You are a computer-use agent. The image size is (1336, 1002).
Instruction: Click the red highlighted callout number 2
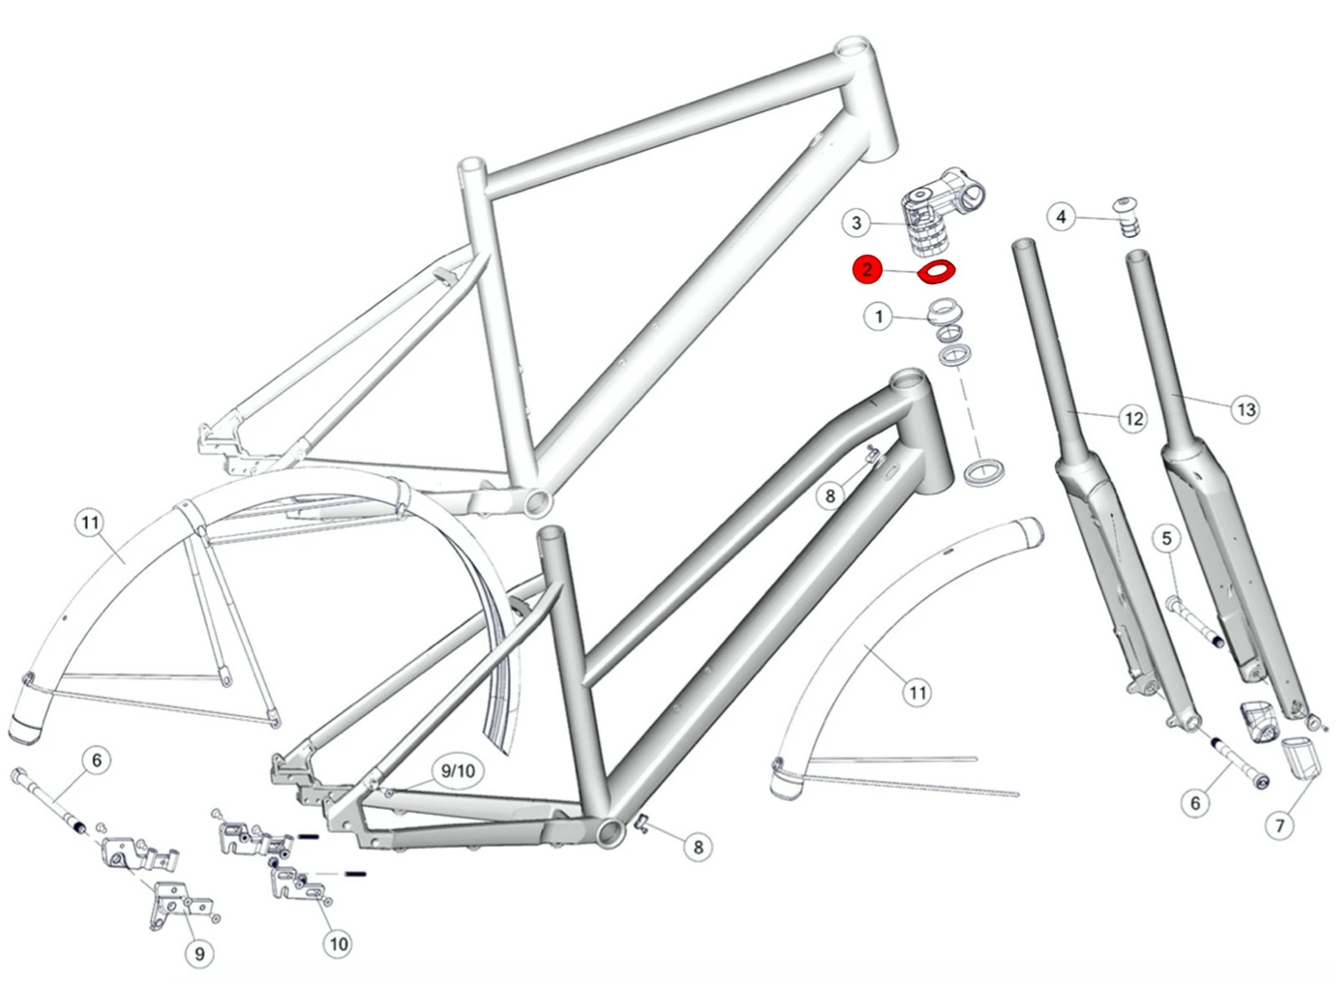[868, 270]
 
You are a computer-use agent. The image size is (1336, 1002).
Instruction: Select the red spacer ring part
[937, 271]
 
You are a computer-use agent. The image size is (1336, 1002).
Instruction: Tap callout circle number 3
[856, 223]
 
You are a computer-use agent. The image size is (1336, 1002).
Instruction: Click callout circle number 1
[878, 316]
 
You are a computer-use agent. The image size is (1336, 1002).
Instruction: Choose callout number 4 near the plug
[1061, 217]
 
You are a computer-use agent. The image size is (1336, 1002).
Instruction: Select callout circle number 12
[1133, 418]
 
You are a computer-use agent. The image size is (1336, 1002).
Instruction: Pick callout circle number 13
[1245, 409]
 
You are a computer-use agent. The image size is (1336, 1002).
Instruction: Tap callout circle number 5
[1167, 539]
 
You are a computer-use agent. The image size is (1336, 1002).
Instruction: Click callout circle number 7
[1280, 826]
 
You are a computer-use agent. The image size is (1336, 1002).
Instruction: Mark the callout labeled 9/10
[458, 771]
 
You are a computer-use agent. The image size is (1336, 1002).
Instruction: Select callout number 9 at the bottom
[200, 954]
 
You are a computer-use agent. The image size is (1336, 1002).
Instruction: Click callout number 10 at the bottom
[337, 944]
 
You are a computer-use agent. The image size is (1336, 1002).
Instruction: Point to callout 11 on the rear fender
[90, 524]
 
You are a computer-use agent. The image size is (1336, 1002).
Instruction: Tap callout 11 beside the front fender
[918, 692]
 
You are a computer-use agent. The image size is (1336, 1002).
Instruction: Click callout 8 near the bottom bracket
[698, 847]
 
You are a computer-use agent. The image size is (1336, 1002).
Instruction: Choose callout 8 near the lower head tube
[830, 496]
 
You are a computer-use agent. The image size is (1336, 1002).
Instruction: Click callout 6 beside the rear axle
[97, 760]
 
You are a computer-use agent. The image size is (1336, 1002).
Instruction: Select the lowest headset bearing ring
[984, 472]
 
